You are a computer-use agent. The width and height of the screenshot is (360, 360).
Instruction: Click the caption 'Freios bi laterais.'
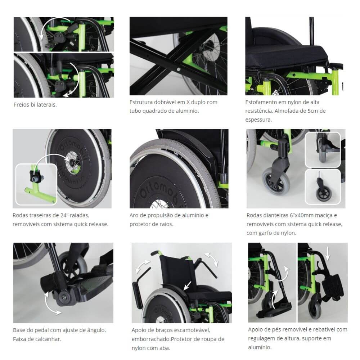(x=35, y=105)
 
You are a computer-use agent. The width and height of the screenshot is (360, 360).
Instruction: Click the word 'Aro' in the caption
(x=134, y=215)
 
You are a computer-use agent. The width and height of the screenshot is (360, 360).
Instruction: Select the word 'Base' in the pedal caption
(x=19, y=330)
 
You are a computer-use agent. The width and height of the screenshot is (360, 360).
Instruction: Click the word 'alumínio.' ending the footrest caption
(x=260, y=347)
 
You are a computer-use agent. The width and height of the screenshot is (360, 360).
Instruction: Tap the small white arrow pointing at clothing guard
(x=187, y=286)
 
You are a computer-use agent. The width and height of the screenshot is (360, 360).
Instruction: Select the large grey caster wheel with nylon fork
(x=276, y=181)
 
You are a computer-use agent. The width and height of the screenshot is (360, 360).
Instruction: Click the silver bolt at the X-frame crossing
(x=178, y=69)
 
